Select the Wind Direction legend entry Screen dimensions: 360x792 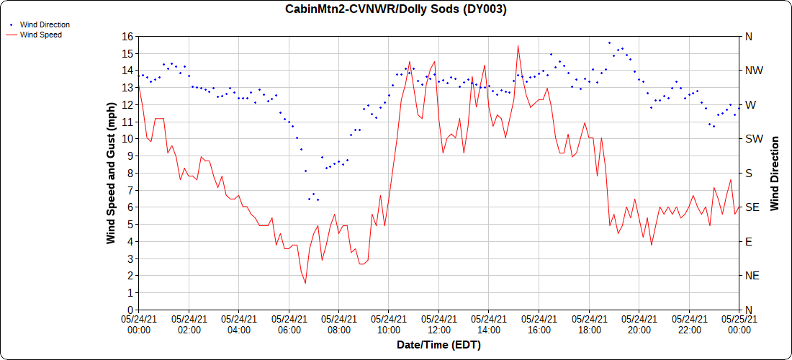click(x=44, y=24)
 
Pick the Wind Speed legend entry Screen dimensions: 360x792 click(x=40, y=35)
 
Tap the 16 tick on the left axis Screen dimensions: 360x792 click(x=127, y=36)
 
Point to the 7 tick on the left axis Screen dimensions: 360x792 click(x=130, y=190)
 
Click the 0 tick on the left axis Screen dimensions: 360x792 click(x=130, y=310)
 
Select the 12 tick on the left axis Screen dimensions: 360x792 click(x=127, y=104)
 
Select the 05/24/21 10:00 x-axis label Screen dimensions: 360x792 click(x=389, y=324)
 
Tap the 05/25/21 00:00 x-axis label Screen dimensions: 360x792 click(x=739, y=324)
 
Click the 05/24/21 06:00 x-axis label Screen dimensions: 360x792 click(x=289, y=324)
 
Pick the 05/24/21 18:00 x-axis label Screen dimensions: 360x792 click(x=589, y=324)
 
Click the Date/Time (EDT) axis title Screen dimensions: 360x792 click(x=438, y=345)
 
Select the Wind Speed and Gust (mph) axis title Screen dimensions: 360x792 click(x=111, y=173)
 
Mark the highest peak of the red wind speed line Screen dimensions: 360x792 click(x=518, y=46)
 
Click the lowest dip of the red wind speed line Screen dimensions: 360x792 click(x=305, y=283)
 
